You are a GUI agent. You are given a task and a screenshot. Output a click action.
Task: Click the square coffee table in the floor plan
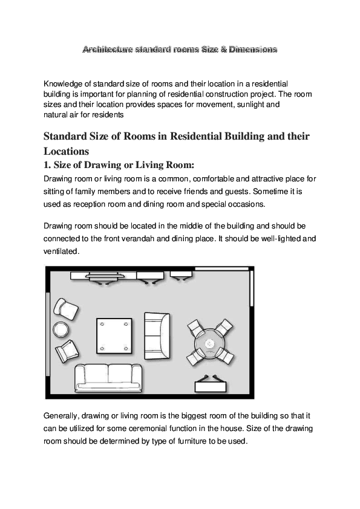coord(114,336)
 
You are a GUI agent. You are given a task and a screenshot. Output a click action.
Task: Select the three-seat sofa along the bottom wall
coord(107,377)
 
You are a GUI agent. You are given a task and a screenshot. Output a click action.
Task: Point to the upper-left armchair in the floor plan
coord(65,310)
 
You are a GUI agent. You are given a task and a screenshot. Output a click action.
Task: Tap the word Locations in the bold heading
coord(67,151)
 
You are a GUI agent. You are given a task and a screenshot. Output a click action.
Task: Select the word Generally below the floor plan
coord(65,417)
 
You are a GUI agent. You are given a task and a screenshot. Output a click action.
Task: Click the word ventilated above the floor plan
coord(61,250)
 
